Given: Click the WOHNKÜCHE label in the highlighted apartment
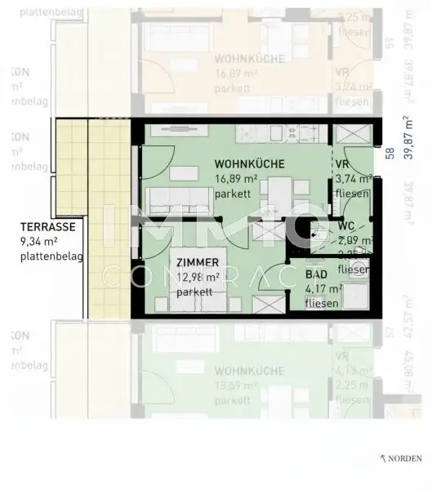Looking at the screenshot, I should pyautogui.click(x=250, y=164).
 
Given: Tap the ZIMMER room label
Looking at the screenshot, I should pyautogui.click(x=197, y=263).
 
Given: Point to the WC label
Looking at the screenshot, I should pyautogui.click(x=345, y=226).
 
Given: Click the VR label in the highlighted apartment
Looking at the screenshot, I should pyautogui.click(x=342, y=164).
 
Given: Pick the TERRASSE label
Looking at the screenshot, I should pyautogui.click(x=50, y=228).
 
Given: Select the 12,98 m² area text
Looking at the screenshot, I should pyautogui.click(x=197, y=277).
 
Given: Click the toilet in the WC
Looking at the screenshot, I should pyautogui.click(x=319, y=229).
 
